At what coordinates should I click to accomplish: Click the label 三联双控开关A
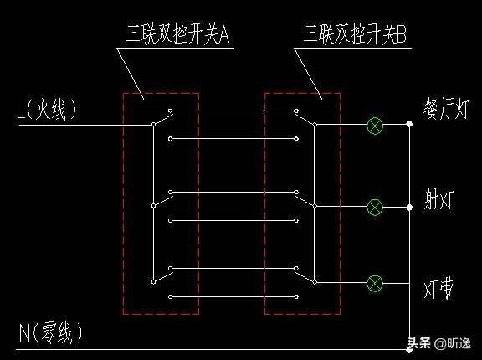click(x=178, y=33)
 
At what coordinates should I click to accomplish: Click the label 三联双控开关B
click(x=355, y=33)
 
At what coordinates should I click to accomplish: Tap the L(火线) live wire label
click(x=46, y=110)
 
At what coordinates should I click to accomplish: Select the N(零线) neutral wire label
click(x=51, y=332)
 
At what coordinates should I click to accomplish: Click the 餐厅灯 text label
click(x=446, y=108)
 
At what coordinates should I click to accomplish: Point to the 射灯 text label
click(x=439, y=199)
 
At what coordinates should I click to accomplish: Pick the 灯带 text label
click(x=438, y=288)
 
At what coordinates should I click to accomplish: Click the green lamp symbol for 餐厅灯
click(x=375, y=126)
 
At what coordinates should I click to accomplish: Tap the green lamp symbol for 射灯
click(x=375, y=207)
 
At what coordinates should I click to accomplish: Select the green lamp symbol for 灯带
click(x=375, y=284)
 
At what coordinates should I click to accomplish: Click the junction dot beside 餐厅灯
click(x=409, y=124)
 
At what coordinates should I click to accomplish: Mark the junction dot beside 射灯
click(x=409, y=207)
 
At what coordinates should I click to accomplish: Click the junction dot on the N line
click(x=409, y=350)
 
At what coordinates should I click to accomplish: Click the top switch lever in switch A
click(x=163, y=119)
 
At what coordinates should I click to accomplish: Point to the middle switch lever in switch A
click(x=163, y=201)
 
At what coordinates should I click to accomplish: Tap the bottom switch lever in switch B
click(x=305, y=276)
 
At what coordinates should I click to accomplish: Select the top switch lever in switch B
click(x=305, y=119)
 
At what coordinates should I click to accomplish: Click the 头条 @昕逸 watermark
click(x=439, y=342)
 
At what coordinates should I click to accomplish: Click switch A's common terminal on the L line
click(x=153, y=125)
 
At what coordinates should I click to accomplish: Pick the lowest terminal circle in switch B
click(x=296, y=296)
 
